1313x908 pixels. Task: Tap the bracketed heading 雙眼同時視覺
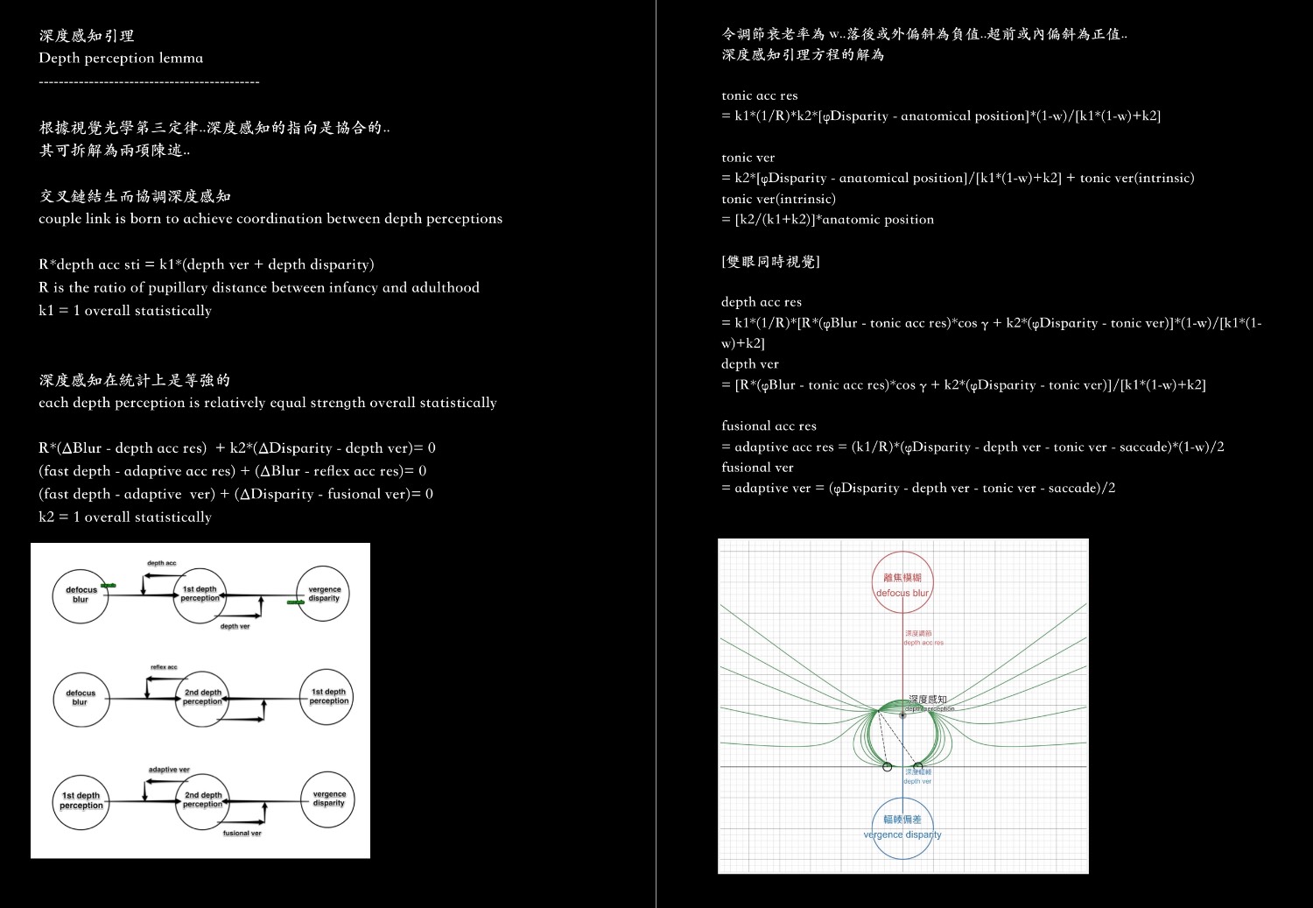(770, 261)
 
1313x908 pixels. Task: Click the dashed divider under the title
(149, 81)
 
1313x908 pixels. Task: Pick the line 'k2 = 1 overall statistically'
(125, 517)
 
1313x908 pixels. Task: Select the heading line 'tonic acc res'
(759, 95)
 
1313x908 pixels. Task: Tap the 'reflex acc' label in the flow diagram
(164, 667)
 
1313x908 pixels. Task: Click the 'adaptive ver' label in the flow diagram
(169, 770)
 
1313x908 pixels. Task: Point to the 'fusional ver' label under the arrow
(242, 833)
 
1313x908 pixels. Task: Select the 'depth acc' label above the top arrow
(162, 563)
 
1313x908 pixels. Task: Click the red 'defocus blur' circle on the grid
(902, 582)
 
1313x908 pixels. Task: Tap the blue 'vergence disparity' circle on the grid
(902, 826)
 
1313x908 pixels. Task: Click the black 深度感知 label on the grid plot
(927, 700)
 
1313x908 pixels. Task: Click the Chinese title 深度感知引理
(87, 36)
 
